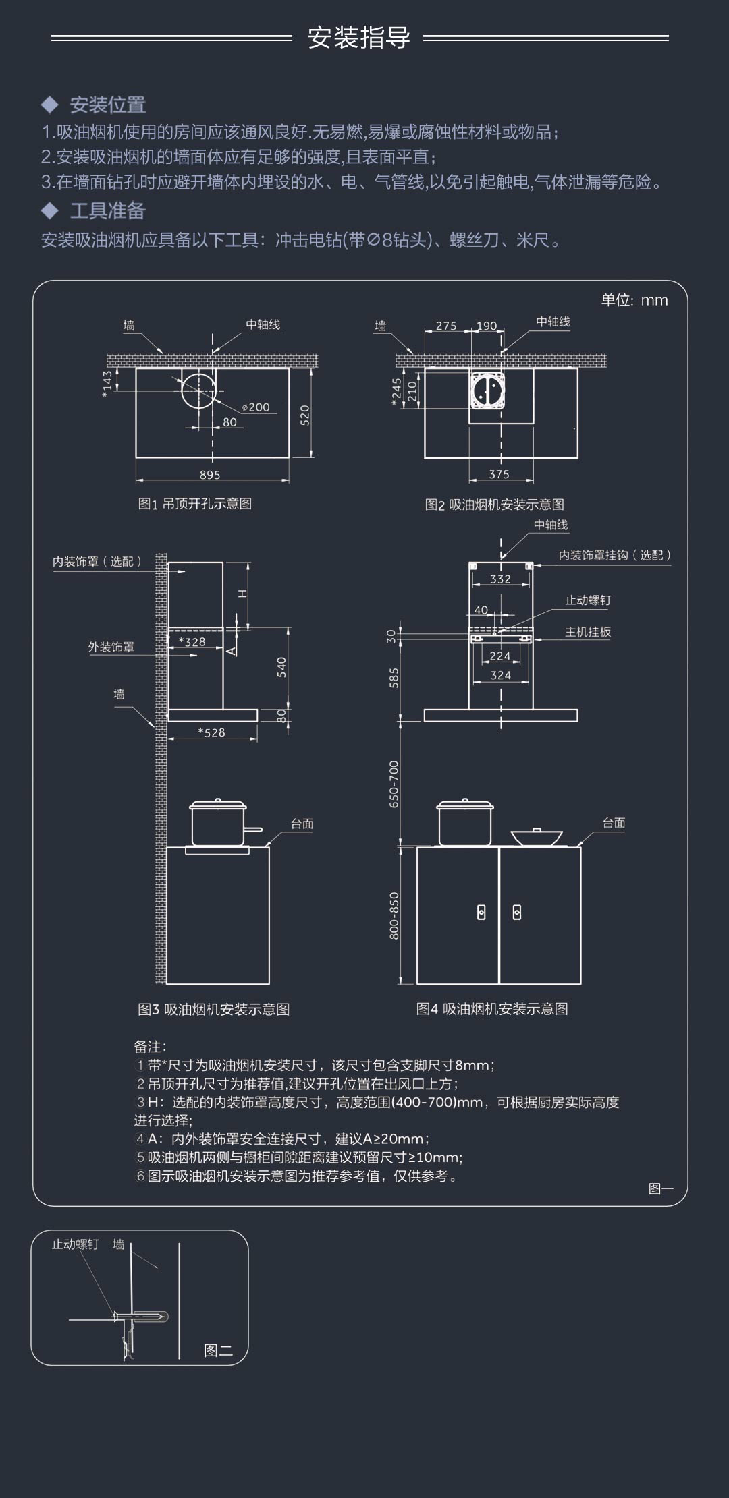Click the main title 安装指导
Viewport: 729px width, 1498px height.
pos(358,38)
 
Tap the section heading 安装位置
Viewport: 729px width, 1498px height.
pos(108,105)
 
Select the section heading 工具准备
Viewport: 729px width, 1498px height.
pos(108,210)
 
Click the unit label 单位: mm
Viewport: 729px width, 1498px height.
pos(634,300)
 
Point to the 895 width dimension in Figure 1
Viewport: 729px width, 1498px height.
pos(210,475)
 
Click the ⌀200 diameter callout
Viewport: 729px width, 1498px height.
pos(256,407)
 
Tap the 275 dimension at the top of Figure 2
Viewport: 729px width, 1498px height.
pos(446,326)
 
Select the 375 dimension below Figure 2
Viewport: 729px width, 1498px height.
pos(499,474)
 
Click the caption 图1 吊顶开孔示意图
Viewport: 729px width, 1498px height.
pos(195,504)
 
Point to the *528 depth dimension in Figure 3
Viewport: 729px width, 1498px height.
pos(211,732)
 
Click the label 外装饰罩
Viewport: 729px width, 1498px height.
pos(111,647)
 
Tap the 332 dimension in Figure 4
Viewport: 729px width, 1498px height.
pos(500,579)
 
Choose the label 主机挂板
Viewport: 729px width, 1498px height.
pos(588,632)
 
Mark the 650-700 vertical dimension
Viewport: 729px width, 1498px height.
pos(394,784)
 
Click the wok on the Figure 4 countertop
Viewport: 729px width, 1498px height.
pos(537,836)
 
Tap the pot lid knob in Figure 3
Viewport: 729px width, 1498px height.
pos(217,800)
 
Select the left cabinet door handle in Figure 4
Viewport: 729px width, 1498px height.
pos(481,913)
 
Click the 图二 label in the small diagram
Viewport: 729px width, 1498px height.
pos(218,1350)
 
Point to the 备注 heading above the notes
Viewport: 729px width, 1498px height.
pos(150,1046)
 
